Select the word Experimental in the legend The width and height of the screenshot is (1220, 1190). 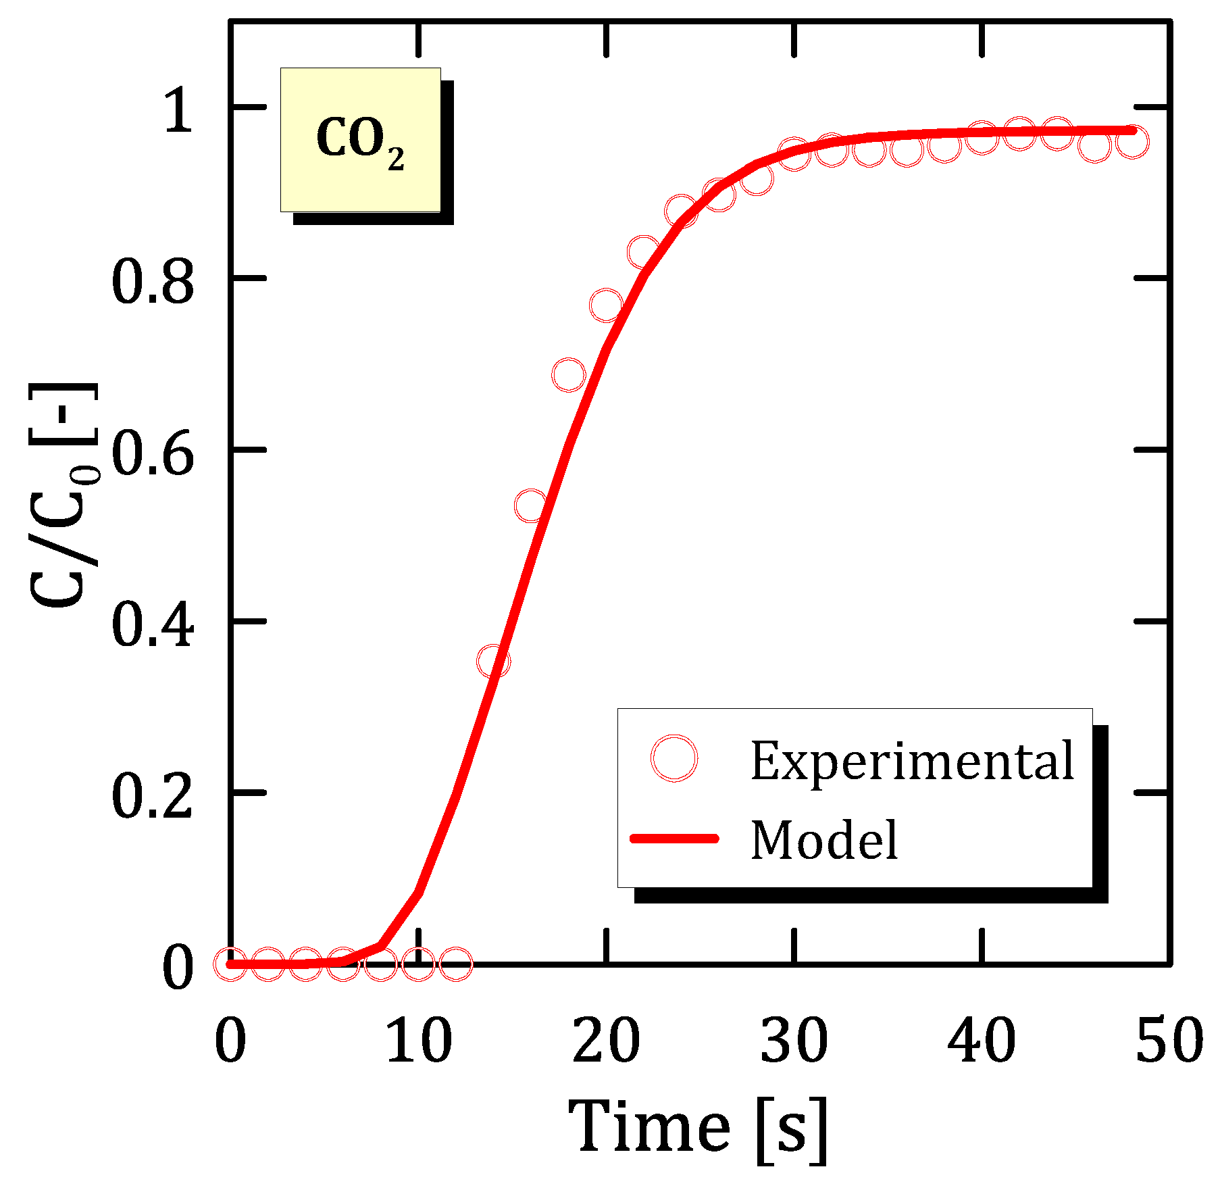coord(912,761)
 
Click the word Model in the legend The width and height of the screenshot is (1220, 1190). coord(824,840)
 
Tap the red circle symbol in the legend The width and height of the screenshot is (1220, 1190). coord(673,758)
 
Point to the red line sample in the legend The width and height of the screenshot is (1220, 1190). coord(673,839)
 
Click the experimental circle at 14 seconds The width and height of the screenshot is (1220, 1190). coord(493,661)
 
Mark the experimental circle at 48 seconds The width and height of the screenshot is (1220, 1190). coord(1132,142)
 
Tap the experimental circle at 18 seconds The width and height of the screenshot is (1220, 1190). coord(568,375)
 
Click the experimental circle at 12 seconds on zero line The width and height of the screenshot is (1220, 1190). coord(456,964)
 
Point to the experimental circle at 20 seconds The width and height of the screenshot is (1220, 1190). coord(606,305)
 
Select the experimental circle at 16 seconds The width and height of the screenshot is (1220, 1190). coord(531,505)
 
